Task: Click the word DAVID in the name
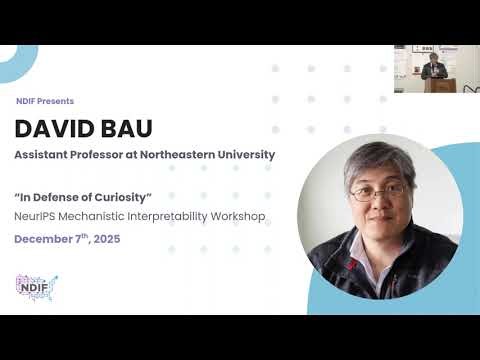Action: (x=56, y=129)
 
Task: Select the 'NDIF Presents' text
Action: (x=44, y=101)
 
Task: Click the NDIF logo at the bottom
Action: (x=37, y=285)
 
